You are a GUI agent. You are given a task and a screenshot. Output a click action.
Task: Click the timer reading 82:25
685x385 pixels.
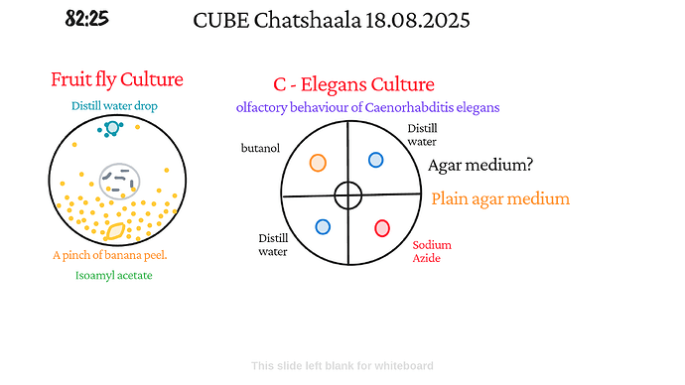pos(87,19)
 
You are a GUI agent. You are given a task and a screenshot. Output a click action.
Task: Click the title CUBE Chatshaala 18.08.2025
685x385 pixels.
pos(332,20)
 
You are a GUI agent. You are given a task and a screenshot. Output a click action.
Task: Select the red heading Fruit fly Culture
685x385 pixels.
pos(117,79)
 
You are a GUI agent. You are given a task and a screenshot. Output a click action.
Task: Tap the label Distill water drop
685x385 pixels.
pos(114,106)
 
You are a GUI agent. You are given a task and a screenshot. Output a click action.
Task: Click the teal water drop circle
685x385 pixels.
pos(112,128)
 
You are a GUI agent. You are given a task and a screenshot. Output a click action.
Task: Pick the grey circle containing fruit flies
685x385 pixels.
pos(120,181)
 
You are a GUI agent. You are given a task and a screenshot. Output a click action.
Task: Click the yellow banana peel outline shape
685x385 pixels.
pos(116,231)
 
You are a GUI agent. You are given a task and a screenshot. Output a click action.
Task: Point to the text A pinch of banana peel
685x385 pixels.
pos(110,255)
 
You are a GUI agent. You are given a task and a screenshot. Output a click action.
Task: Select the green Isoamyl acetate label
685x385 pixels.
pos(114,276)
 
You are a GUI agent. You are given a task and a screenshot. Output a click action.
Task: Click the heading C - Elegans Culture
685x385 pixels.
pos(353,85)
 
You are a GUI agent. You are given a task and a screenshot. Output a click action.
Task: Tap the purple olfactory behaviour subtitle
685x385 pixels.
pos(367,106)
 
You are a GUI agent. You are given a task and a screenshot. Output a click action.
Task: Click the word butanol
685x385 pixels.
pos(260,148)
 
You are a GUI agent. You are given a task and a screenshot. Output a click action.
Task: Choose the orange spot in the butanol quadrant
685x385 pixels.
pos(318,163)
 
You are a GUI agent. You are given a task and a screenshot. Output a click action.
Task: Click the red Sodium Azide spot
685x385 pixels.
pos(382,228)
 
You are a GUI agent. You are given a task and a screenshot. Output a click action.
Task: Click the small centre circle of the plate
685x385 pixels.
pos(347,195)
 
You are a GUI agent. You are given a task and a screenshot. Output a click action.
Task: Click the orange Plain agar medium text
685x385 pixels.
pos(500,198)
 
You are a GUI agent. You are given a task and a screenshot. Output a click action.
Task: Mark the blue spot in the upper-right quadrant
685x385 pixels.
pos(376,160)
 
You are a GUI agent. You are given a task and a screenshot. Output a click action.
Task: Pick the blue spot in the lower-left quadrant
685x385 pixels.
pos(323,226)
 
